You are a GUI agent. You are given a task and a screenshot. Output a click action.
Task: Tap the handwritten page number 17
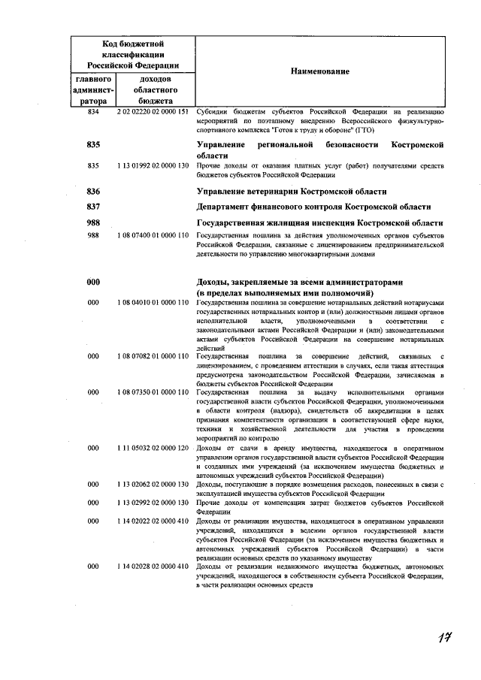click(x=445, y=639)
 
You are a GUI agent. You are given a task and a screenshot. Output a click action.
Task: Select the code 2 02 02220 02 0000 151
click(x=152, y=111)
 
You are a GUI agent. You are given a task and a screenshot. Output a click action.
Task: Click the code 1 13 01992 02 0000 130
click(x=152, y=165)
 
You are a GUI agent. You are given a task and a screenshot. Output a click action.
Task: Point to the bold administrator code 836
click(x=93, y=192)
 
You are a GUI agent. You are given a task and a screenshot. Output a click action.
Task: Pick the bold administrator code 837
click(x=93, y=207)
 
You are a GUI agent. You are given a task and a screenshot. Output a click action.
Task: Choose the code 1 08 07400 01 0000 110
click(x=152, y=235)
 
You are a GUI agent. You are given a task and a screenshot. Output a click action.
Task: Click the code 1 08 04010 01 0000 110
click(x=152, y=302)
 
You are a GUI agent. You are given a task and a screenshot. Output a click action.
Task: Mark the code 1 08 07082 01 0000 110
click(x=152, y=355)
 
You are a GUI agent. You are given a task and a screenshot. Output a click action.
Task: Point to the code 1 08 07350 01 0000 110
click(x=152, y=391)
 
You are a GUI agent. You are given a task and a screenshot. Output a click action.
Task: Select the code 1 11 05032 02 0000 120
click(x=152, y=448)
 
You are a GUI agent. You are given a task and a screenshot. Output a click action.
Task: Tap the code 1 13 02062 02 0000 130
click(x=152, y=485)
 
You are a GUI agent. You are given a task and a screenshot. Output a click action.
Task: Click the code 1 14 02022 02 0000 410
click(x=152, y=521)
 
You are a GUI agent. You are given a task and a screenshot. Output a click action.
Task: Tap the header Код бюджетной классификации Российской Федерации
click(x=132, y=56)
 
